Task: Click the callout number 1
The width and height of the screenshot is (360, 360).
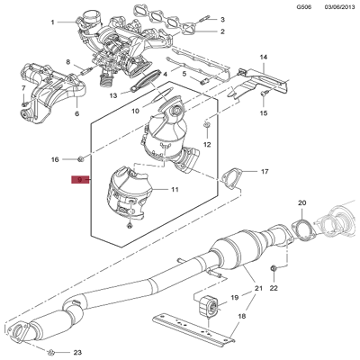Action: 52,22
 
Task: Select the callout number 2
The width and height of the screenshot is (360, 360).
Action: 222,31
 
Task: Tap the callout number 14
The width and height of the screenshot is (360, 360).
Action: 264,58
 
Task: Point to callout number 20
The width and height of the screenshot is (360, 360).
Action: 301,202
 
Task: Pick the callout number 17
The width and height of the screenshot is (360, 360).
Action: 264,171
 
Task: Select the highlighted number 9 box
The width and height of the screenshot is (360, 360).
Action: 80,180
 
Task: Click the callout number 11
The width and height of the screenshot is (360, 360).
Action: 175,190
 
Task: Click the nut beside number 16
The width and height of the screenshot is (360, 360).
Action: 80,159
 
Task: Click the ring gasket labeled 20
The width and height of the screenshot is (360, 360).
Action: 303,229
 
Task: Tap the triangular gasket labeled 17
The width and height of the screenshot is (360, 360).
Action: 232,179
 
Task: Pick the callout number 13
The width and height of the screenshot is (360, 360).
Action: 114,94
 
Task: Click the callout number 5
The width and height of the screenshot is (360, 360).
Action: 183,73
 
